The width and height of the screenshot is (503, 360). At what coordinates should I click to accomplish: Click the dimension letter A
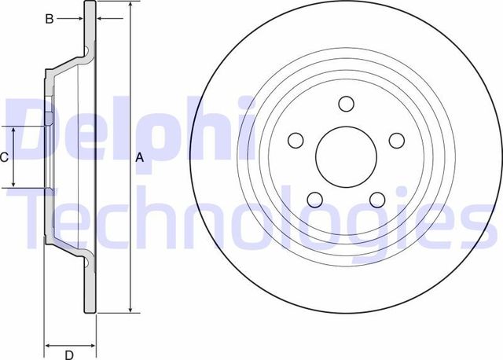[x=140, y=157]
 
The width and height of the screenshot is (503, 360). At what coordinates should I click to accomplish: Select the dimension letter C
[x=4, y=157]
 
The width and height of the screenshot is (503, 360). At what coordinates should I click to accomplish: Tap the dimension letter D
[x=69, y=353]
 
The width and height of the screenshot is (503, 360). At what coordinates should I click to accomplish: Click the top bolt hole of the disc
[x=346, y=103]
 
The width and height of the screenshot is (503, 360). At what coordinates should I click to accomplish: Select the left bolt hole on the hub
[x=296, y=140]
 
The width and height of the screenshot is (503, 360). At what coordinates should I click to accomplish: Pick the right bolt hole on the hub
[x=397, y=139]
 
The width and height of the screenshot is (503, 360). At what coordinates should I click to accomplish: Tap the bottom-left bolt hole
[x=315, y=200]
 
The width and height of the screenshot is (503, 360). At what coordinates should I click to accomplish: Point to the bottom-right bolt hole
[x=376, y=200]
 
